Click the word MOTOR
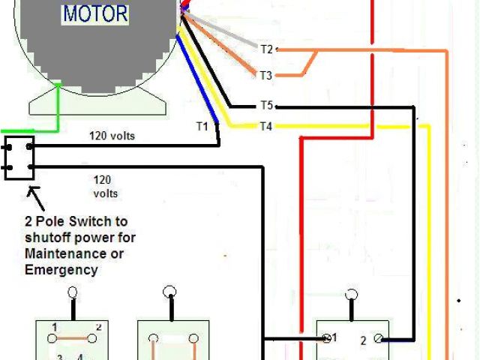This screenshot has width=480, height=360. pos(96,13)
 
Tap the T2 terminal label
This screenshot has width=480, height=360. pos(267,49)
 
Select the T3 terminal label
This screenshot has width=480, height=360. pos(266,75)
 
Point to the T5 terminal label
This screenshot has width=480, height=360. pos(266,106)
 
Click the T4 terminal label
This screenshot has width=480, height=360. pos(265,126)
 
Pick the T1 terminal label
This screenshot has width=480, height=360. pos(202,126)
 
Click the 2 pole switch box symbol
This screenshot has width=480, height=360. pos(19,157)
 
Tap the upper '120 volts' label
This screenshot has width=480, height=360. pos(112,136)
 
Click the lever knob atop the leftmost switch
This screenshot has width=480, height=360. pos(73,293)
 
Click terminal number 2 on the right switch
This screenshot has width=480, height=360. pos(363,340)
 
